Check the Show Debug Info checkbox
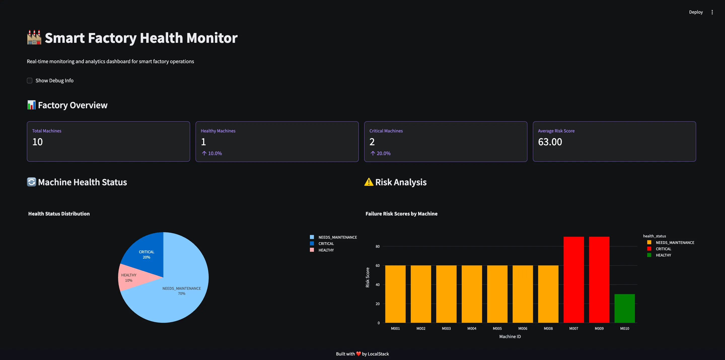pos(29,81)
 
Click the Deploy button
pos(696,12)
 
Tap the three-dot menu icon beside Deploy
pos(712,12)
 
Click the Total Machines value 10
pos(38,142)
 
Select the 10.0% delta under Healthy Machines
pos(212,153)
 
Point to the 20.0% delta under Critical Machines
pos(381,153)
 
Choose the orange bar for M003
pos(446,294)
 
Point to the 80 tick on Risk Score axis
pos(377,246)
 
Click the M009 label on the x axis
pos(599,329)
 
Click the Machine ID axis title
pos(510,336)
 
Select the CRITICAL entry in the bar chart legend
pos(663,249)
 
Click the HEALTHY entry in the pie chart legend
pos(326,250)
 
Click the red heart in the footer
pos(358,354)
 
